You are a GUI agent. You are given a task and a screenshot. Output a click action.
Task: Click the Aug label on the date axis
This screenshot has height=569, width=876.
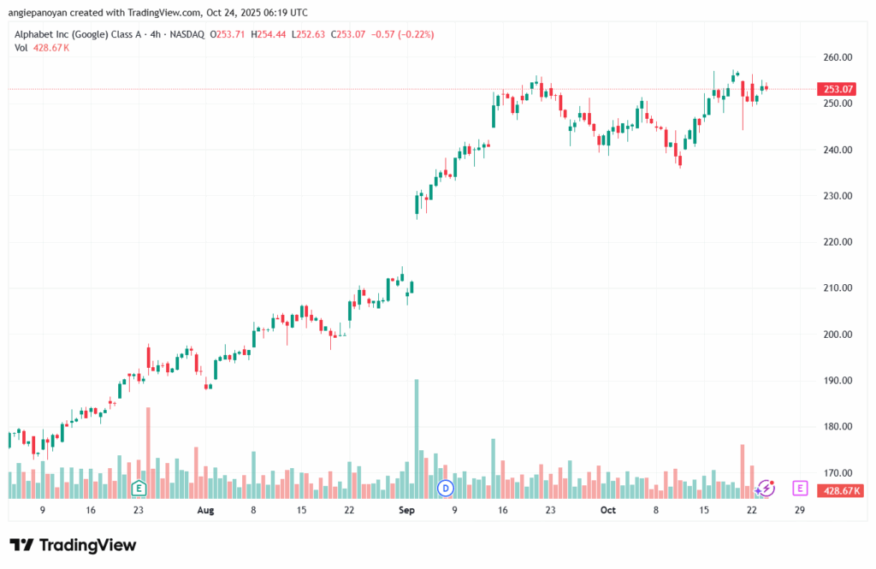205,509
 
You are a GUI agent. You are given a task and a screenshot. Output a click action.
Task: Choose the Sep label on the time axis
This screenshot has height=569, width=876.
406,509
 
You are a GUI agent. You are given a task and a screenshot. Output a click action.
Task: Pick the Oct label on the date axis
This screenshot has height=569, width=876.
608,509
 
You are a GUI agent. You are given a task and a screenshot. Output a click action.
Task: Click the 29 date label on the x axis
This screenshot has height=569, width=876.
799,509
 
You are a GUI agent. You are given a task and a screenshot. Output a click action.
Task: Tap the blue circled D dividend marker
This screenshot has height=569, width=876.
445,488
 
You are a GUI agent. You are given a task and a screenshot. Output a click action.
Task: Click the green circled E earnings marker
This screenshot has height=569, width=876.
139,488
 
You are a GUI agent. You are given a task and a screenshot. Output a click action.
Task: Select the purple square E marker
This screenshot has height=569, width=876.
800,488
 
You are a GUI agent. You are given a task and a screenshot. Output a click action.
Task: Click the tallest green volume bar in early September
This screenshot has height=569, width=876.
417,436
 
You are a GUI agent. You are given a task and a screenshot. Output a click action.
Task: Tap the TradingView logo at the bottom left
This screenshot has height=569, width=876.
72,546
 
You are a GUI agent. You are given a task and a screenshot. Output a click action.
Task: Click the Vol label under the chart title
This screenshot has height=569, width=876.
21,48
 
